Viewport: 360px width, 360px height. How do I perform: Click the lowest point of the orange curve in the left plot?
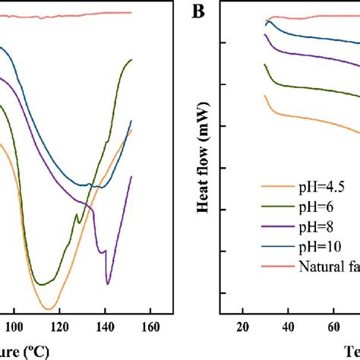click(49, 308)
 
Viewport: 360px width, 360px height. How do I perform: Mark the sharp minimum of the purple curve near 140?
click(108, 283)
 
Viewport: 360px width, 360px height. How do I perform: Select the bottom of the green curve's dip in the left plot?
click(44, 284)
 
